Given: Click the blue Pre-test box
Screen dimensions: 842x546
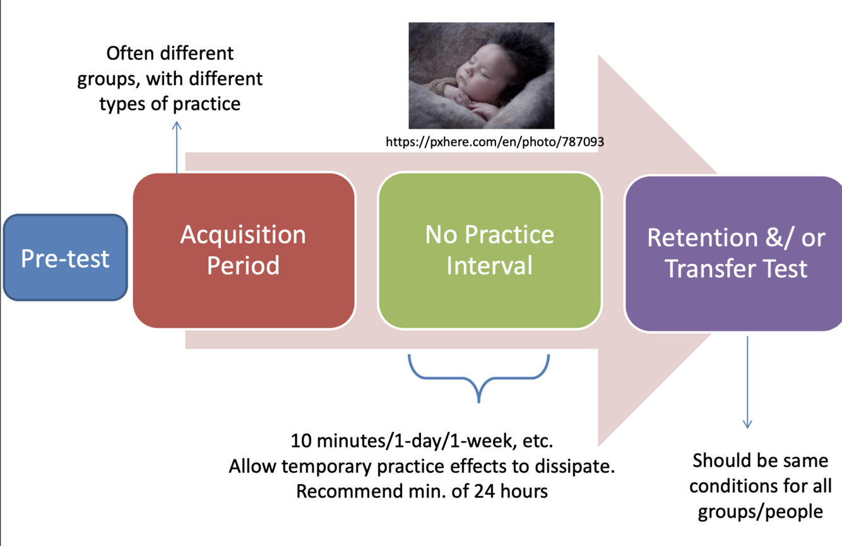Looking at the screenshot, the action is [66, 258].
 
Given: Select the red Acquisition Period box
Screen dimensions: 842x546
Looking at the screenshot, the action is [244, 251].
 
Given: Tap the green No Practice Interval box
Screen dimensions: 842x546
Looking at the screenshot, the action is [490, 251].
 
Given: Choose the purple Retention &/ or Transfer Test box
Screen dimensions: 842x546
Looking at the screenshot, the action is [733, 254].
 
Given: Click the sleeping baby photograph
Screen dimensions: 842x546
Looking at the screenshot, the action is [482, 76].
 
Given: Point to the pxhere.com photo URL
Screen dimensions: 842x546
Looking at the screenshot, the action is [495, 142].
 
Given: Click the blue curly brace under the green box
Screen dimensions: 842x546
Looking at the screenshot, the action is [478, 377].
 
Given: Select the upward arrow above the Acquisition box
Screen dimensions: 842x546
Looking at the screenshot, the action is [177, 148].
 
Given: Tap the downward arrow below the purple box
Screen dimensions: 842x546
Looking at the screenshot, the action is [747, 382].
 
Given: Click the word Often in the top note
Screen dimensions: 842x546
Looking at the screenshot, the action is [131, 53].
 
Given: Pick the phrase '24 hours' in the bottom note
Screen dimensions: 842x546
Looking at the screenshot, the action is [511, 491].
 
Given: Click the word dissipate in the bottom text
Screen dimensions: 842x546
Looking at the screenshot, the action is [574, 466].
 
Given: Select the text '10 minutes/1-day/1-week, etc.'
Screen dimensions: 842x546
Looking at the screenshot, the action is [422, 441].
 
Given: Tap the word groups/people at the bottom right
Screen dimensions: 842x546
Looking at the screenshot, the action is [760, 512].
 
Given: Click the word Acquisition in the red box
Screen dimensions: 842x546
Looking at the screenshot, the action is [243, 235].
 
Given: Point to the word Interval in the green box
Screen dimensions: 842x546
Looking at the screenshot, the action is [489, 266].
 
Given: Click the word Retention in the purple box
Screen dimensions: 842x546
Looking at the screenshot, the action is [702, 238].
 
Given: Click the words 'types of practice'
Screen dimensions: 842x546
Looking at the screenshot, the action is [170, 104].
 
